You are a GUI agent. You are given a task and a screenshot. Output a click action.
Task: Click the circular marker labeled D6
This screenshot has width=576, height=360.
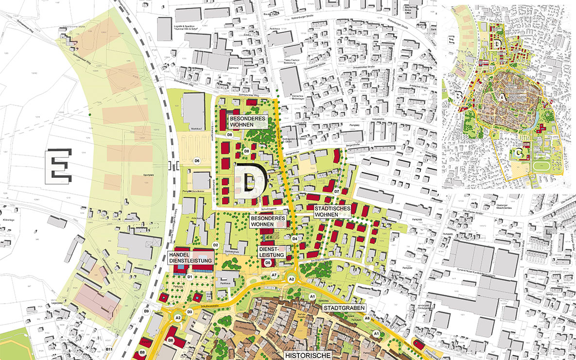coord(197,161)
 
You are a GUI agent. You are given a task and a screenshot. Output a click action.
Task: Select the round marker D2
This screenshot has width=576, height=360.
coord(215,245)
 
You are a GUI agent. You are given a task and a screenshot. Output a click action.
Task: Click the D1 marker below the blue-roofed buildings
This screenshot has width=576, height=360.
coord(190,277)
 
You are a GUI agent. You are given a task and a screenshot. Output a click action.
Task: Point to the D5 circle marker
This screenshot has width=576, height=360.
coord(268,262)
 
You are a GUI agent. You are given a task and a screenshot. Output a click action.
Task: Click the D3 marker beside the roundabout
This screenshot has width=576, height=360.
coord(190,311)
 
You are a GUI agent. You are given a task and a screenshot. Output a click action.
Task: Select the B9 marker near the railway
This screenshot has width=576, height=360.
coord(146,311)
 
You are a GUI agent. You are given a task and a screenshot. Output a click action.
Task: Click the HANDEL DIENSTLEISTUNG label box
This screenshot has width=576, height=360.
coord(191,258)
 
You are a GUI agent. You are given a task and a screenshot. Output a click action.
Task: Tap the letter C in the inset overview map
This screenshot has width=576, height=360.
coord(519,154)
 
